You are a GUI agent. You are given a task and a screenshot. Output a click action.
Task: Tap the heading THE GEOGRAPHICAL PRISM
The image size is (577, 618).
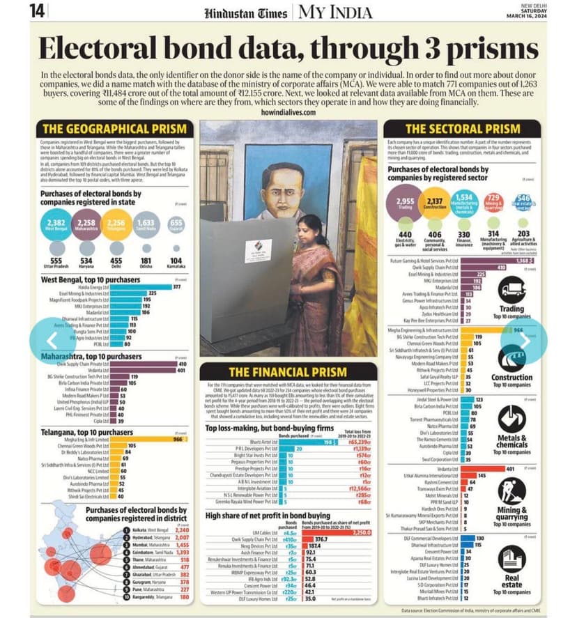(115, 128)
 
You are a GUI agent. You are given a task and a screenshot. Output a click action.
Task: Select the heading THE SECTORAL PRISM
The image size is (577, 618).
(463, 128)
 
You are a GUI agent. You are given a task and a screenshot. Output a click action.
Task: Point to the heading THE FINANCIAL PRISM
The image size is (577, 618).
(288, 371)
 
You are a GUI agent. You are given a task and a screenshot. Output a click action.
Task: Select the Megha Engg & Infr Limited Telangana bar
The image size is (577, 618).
(130, 439)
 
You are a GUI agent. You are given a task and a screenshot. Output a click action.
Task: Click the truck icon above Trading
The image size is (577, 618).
(512, 288)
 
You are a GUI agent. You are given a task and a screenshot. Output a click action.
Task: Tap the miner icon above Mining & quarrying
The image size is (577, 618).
(512, 490)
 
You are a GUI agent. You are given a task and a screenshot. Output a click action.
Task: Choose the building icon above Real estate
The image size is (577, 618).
(512, 557)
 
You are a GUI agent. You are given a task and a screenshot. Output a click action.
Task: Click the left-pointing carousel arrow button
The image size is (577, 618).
(51, 340)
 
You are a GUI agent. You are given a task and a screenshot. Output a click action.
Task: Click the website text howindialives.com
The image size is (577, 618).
(288, 111)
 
